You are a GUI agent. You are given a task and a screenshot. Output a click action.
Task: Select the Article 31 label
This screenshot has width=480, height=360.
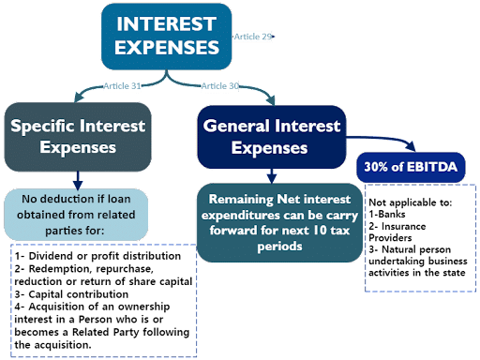(x=122, y=86)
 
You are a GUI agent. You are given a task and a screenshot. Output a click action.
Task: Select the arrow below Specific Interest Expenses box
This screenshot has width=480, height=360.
(x=78, y=178)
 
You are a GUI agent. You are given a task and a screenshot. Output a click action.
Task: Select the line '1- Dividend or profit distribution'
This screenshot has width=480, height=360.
(x=89, y=256)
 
